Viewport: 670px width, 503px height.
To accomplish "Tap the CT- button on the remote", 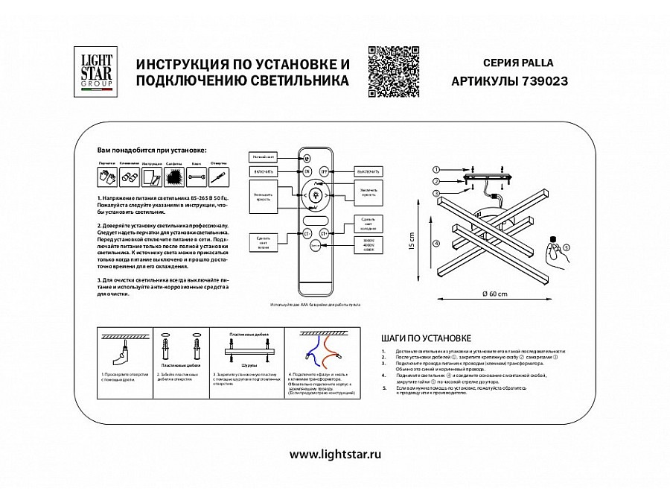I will click(306, 233).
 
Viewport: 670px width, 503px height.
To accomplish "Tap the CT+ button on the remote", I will click(325, 233).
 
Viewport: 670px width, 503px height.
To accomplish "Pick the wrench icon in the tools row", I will click(197, 177).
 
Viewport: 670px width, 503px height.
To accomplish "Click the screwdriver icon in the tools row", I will click(218, 177).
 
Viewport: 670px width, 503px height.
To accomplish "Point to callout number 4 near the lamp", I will click(437, 243).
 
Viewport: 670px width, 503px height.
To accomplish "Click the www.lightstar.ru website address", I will click(335, 455).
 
